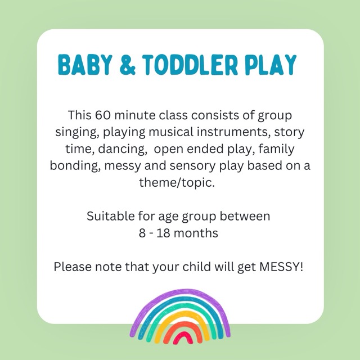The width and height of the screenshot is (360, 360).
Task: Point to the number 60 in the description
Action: (102, 115)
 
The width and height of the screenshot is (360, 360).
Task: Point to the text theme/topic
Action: (177, 183)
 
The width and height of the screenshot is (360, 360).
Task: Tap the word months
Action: (196, 233)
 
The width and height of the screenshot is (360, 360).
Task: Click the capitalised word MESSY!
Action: (281, 267)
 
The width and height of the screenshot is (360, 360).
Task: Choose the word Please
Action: (73, 267)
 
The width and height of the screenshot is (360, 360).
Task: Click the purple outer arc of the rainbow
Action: (180, 291)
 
